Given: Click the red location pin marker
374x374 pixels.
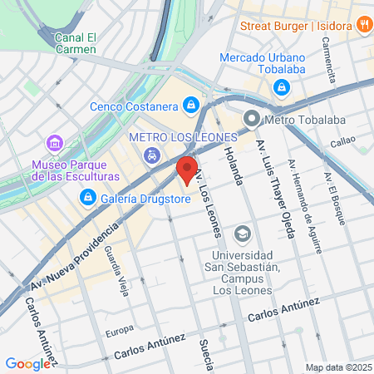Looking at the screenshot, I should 187,170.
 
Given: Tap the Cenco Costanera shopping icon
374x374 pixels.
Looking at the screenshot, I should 192,105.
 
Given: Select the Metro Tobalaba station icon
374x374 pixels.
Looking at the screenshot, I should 252,120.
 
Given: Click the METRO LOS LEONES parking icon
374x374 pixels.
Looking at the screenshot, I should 151,155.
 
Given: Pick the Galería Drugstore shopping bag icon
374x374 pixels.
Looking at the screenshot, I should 87,197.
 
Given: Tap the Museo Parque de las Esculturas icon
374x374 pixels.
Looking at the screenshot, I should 56,142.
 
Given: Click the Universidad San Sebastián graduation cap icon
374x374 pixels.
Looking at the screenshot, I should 243,232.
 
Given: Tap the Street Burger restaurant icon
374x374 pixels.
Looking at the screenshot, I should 363,25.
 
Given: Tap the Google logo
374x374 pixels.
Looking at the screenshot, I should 27,363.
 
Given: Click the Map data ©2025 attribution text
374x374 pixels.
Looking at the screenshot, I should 337,367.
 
